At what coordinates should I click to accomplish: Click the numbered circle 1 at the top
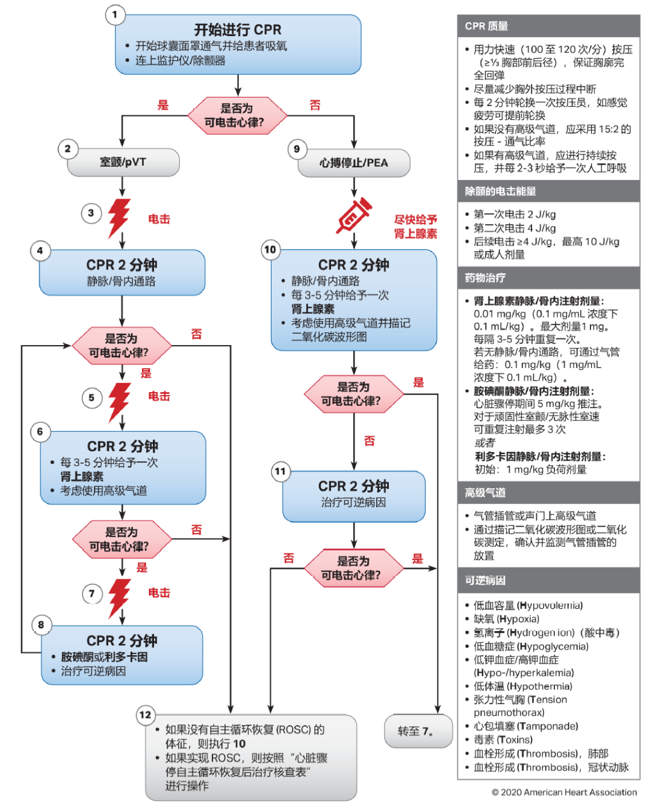pyautogui.click(x=115, y=14)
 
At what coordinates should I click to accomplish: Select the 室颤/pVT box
pyautogui.click(x=123, y=162)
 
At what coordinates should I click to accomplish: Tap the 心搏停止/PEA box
pyautogui.click(x=354, y=163)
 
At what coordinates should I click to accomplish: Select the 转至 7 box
pyautogui.click(x=418, y=731)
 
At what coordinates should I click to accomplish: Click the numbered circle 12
pyautogui.click(x=146, y=715)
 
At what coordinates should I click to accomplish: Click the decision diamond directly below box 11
pyautogui.click(x=353, y=568)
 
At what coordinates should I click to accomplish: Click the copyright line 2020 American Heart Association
pyautogui.click(x=564, y=793)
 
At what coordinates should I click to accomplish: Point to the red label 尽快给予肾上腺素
pyautogui.click(x=415, y=226)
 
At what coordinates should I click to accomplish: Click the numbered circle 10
pyautogui.click(x=270, y=249)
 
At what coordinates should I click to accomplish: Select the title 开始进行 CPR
pyautogui.click(x=238, y=30)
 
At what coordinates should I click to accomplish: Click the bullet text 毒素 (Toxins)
pyautogui.click(x=503, y=740)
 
